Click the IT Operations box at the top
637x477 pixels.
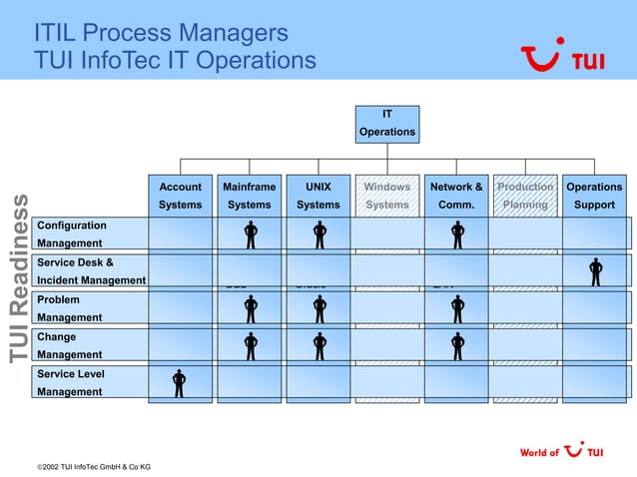coord(387,124)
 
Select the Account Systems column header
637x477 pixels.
coord(180,196)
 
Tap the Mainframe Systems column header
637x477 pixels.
coord(249,196)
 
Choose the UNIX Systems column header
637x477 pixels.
coord(318,196)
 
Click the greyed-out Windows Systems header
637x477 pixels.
coord(386,196)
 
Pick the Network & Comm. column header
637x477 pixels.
coord(456,196)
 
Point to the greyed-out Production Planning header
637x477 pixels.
coord(525,196)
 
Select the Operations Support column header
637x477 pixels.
coord(594,196)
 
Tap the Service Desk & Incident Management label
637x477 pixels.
coord(90,271)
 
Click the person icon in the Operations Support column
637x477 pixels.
coord(596,271)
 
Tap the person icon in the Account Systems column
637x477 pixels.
coord(180,383)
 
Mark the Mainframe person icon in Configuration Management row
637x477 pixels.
coord(251,235)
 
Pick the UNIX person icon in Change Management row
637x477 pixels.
coord(319,346)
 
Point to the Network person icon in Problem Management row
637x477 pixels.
coord(457,308)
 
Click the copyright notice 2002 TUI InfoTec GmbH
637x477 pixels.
coord(94,466)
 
